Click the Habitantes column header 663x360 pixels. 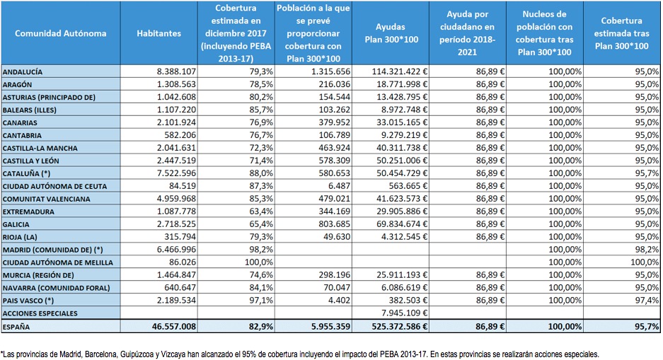tap(158, 33)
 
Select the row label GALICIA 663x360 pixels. tap(16, 224)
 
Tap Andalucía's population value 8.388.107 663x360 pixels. tap(176, 72)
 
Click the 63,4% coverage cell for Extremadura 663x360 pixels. tap(261, 211)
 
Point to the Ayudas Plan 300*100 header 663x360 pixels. tap(391, 33)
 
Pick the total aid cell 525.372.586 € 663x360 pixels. tap(400, 327)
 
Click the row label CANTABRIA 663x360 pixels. tap(22, 136)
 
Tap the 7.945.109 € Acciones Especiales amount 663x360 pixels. tap(405, 313)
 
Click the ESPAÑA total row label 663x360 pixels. tap(16, 327)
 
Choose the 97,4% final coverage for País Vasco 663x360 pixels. tap(647, 301)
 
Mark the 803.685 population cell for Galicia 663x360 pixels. tap(334, 224)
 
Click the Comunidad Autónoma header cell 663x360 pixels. tap(60, 33)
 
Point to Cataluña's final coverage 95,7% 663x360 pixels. tap(647, 173)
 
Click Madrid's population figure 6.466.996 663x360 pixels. tap(176, 249)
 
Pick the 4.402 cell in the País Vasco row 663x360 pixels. tap(340, 301)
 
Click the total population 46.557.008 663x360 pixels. tap(174, 327)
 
